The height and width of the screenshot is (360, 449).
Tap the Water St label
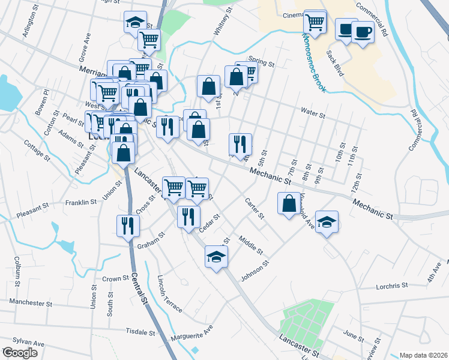coord(313,114)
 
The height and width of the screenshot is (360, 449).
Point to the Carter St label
coord(254,208)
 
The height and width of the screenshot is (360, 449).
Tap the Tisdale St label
coord(141,331)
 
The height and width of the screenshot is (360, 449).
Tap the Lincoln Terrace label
coord(169,294)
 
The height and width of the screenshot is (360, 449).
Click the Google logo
coord(19,352)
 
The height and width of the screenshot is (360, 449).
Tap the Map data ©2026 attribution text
coord(423,355)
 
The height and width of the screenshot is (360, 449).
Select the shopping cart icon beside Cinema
coord(315,23)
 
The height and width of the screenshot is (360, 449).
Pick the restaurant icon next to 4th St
coord(240,144)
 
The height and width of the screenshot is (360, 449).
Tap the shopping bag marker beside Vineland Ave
coord(289,203)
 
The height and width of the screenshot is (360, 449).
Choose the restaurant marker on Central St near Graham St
coord(128,226)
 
